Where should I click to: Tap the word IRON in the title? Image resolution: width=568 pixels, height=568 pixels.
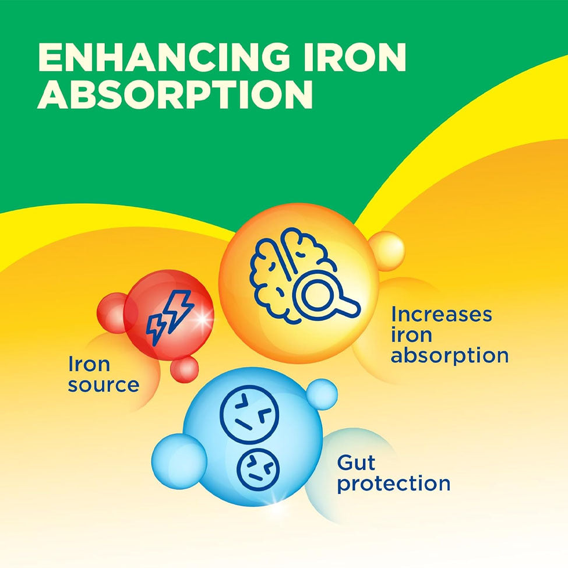click(355, 58)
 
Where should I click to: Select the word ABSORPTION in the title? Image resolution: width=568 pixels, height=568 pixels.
click(175, 94)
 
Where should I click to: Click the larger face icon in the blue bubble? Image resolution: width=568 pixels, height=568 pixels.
click(249, 413)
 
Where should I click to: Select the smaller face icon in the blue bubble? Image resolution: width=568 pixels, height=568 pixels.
click(258, 469)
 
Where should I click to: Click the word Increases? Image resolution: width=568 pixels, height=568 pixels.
click(441, 315)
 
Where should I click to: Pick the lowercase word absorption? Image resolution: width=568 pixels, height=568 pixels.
click(450, 355)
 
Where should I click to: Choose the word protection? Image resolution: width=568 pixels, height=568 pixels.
click(394, 484)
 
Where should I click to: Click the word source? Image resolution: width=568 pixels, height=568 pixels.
click(104, 385)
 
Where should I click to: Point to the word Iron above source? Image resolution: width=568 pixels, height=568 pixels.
click(89, 364)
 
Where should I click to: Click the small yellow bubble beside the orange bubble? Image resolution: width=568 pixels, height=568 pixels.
click(387, 251)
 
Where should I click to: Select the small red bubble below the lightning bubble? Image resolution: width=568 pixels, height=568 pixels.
click(185, 369)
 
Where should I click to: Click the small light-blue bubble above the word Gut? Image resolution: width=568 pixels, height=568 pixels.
click(322, 394)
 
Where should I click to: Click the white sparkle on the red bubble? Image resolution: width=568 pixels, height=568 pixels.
click(202, 319)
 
